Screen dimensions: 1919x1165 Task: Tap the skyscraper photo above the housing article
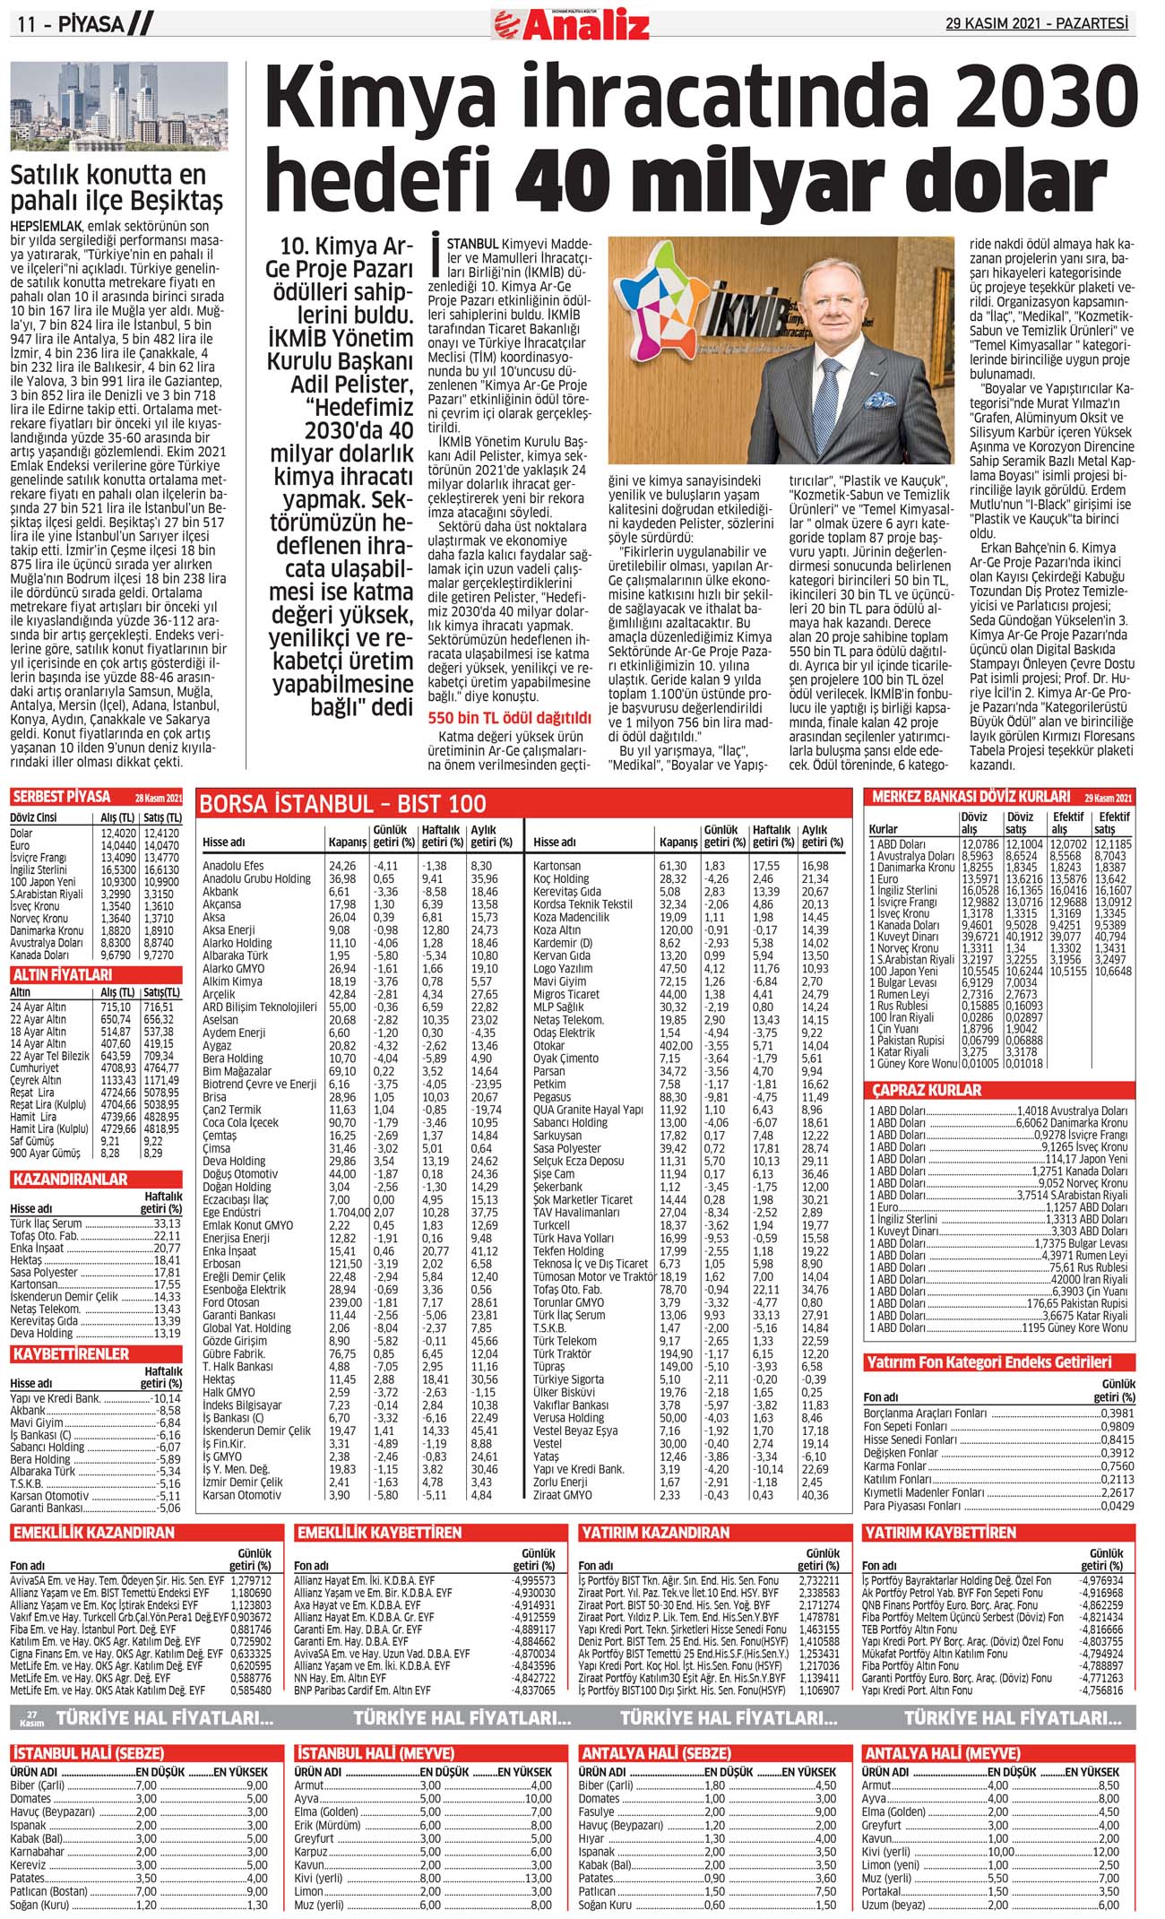(119, 107)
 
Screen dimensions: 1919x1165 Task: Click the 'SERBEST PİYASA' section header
(63, 797)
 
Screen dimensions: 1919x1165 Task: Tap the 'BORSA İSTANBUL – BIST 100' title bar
(343, 804)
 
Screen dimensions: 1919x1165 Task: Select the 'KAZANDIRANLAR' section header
(70, 1180)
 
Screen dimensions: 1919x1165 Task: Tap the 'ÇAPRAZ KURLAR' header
(928, 1090)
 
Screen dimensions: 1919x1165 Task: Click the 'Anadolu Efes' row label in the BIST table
(233, 866)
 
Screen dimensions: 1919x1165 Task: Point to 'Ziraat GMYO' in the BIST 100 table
(562, 1495)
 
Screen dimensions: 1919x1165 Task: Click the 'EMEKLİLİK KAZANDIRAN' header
(93, 1533)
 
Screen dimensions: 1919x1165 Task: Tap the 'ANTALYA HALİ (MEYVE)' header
(942, 1753)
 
